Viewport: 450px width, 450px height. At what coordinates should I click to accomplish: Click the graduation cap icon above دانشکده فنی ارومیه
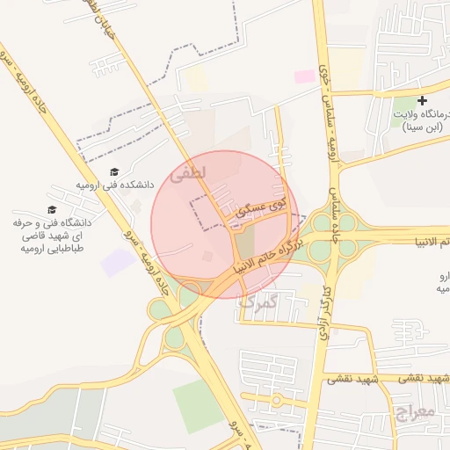115,171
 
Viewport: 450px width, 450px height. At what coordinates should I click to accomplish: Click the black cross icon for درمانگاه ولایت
423,102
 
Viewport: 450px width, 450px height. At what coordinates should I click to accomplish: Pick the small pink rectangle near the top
304,77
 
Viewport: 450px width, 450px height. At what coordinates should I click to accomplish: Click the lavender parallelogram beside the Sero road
118,262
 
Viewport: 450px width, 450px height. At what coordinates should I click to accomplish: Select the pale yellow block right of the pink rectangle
347,66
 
